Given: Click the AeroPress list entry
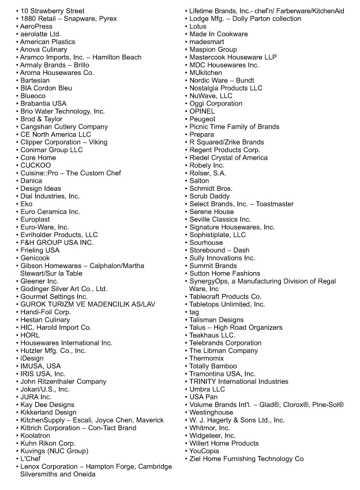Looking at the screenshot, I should pyautogui.click(x=36, y=27).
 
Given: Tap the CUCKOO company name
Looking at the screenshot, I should pyautogui.click(x=35, y=165).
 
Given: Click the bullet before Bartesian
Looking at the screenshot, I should pyautogui.click(x=17, y=81).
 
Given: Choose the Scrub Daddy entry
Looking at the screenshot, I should pyautogui.click(x=209, y=196).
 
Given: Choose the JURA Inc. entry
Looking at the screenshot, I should pyautogui.click(x=36, y=397).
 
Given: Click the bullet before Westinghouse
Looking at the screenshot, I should pyautogui.click(x=186, y=413).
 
